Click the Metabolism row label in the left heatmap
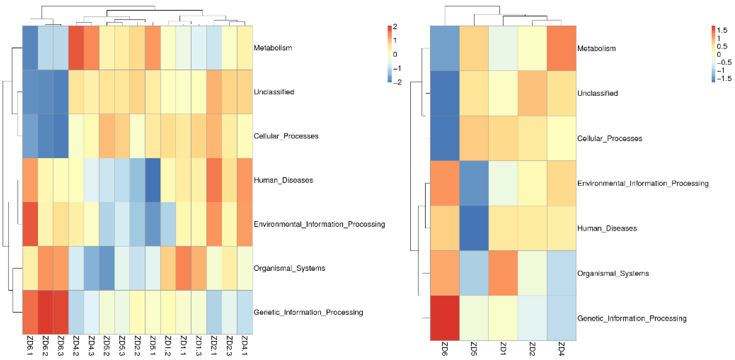coord(273,48)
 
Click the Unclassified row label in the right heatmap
coord(597,93)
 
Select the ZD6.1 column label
coord(30,345)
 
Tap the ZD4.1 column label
coord(244,345)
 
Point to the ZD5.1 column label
coord(153,345)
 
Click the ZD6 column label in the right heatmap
coord(444,349)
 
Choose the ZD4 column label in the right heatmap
coord(561,349)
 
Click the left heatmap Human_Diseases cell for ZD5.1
coord(153,180)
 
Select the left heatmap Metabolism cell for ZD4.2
coord(76,48)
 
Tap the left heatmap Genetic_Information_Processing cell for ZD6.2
coord(45,312)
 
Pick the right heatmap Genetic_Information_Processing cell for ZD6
coord(444,318)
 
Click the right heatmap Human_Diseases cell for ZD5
coord(474,228)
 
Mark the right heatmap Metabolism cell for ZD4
coord(561,48)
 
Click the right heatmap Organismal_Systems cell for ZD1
coord(503,273)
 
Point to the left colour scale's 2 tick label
coord(395,27)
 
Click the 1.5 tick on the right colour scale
coord(722,30)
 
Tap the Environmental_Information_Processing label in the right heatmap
coord(643,183)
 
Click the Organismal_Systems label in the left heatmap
coord(289,268)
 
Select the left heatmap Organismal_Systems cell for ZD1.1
coord(183,268)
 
